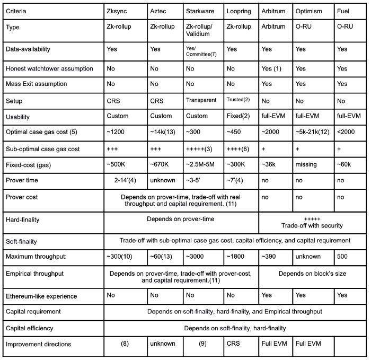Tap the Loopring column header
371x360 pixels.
(238, 11)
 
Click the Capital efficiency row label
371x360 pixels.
(30, 328)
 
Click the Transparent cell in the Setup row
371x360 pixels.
(201, 100)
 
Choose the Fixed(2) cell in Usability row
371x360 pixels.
(239, 116)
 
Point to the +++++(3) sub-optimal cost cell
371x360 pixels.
(200, 149)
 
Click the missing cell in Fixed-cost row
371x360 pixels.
(306, 165)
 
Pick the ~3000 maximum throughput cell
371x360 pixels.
(196, 257)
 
